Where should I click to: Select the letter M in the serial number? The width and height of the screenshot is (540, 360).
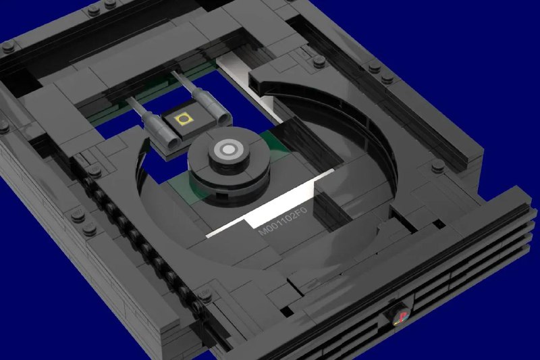pyautogui.click(x=263, y=231)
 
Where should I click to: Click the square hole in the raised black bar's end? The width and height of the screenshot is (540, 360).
pyautogui.click(x=258, y=78)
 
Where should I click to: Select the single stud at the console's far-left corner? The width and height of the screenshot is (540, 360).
pyautogui.click(x=8, y=47)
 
